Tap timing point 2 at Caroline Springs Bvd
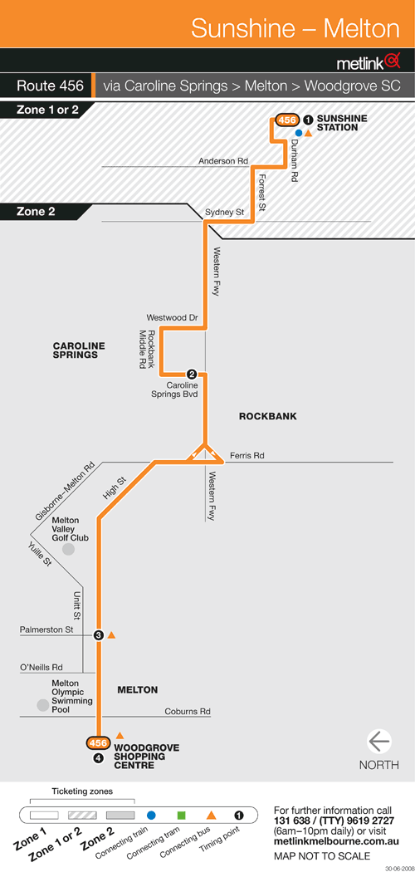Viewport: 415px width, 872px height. (192, 374)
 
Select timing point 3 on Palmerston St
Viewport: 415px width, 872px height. (98, 635)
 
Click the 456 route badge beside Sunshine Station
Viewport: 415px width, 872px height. (286, 120)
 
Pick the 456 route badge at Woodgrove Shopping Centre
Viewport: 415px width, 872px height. (98, 743)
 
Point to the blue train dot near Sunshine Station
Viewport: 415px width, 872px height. (298, 133)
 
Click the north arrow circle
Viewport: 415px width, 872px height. (378, 742)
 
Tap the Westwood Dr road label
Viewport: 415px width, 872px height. (172, 317)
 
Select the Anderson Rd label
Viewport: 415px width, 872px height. (223, 161)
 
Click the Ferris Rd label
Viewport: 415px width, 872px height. (247, 455)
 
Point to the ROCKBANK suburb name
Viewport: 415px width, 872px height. (268, 416)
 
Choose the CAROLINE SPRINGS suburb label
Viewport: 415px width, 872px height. (79, 350)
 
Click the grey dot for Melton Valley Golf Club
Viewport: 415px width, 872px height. (68, 550)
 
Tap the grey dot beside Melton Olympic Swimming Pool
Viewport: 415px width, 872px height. (43, 705)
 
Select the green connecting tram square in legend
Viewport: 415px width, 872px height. (181, 816)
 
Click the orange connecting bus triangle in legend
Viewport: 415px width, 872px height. (211, 816)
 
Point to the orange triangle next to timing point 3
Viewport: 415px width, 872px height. (111, 634)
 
